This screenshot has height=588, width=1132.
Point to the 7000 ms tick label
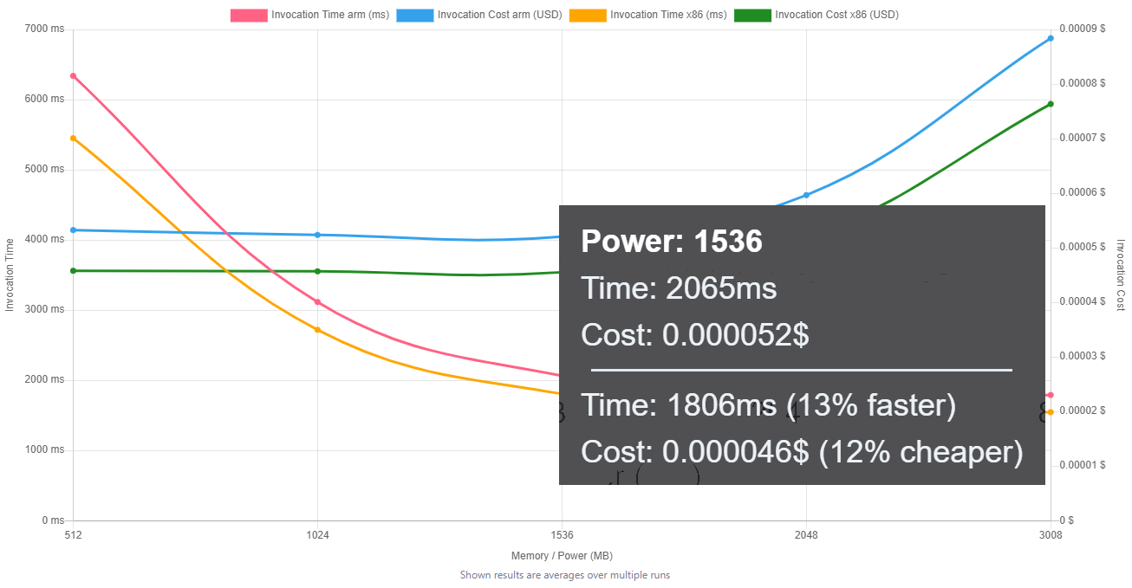(x=44, y=29)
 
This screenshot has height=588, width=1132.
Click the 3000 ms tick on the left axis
(x=44, y=310)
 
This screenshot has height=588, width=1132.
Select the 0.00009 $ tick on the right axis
(x=1083, y=29)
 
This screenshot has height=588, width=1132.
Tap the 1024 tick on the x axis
(x=317, y=535)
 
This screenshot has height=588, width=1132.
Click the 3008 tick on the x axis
(x=1051, y=535)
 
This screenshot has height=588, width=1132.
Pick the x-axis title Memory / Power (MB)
(x=562, y=556)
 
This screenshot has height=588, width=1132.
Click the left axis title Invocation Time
(x=10, y=275)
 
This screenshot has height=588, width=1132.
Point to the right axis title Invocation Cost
(x=1120, y=275)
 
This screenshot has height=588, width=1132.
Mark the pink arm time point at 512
(x=73, y=76)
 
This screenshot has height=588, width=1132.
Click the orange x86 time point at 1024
(x=317, y=330)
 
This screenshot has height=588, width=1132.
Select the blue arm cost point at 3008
(x=1051, y=38)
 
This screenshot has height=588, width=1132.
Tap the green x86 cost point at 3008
(x=1051, y=104)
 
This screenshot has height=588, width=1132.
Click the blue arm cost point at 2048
(x=806, y=195)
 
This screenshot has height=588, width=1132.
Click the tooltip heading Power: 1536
(x=672, y=242)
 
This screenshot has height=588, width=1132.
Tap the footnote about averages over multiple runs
(x=564, y=575)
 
